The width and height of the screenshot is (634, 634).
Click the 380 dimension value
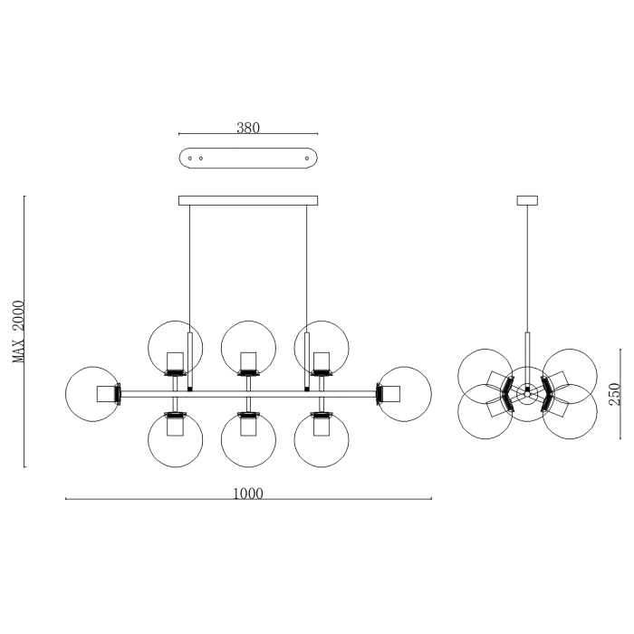(x=248, y=129)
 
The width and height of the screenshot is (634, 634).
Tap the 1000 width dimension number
(x=248, y=494)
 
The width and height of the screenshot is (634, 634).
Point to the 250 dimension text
(x=615, y=394)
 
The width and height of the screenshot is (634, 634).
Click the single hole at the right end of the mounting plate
(x=307, y=158)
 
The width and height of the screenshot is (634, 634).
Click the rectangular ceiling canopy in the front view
(x=248, y=200)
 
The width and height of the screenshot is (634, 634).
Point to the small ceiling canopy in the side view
(x=526, y=200)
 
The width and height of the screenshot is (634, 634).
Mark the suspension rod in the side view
(x=526, y=272)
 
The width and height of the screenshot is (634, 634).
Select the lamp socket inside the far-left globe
(x=108, y=394)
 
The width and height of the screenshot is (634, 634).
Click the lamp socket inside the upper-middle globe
(x=247, y=362)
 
